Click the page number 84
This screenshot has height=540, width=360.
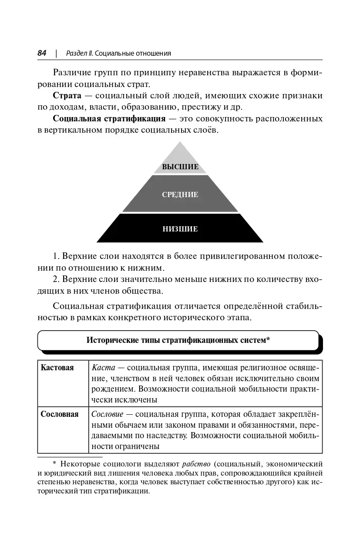tap(42, 53)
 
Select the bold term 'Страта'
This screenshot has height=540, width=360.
tap(67, 96)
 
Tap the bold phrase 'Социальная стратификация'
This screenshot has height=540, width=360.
tap(109, 119)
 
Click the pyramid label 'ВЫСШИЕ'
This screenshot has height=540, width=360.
tap(180, 167)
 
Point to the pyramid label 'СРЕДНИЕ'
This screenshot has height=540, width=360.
tap(180, 195)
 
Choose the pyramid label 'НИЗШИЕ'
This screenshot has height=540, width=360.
tap(180, 229)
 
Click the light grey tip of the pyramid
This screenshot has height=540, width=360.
tap(180, 152)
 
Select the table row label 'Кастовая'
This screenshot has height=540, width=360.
tap(57, 368)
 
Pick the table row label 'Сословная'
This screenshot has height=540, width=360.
tap(60, 414)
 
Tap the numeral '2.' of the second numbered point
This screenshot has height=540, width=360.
tap(56, 279)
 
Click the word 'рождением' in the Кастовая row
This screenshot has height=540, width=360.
tap(111, 389)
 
